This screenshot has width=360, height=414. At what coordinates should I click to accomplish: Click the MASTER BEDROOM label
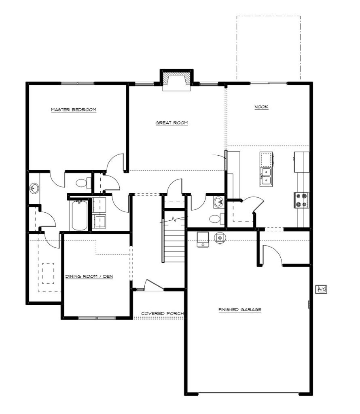click(74, 110)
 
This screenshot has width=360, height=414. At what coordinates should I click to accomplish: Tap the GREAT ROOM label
click(172, 123)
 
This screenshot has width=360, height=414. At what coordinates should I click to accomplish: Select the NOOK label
click(261, 107)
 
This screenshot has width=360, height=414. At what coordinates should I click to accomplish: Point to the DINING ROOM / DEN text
click(89, 277)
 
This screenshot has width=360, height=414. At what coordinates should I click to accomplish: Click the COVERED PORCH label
click(162, 313)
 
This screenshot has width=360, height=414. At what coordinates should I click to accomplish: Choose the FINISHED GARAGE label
click(239, 309)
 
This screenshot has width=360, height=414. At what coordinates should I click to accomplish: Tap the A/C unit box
click(322, 289)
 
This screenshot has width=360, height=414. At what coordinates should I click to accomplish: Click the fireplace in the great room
click(176, 80)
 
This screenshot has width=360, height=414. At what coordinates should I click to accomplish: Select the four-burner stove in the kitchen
click(301, 200)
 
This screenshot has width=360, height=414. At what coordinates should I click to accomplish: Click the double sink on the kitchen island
click(266, 177)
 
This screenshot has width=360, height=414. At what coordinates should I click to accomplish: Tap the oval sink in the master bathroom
click(34, 188)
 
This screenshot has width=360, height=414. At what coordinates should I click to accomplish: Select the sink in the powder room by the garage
click(219, 202)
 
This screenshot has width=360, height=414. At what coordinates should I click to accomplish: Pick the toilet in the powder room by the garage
click(217, 219)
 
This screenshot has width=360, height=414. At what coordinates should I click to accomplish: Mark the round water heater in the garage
click(220, 238)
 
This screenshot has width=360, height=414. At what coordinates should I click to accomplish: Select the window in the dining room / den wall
click(97, 318)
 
